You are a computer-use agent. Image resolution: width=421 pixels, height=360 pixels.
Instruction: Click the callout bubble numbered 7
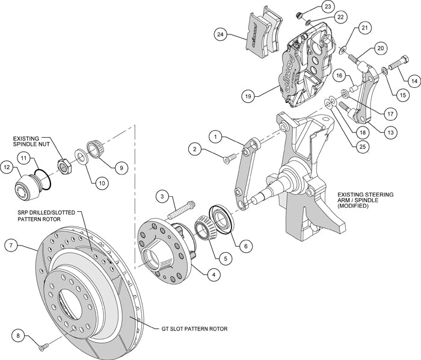coord(10,245)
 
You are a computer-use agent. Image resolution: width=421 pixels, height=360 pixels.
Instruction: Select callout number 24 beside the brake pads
coord(221,35)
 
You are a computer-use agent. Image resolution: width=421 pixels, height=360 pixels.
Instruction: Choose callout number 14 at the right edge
coord(413,79)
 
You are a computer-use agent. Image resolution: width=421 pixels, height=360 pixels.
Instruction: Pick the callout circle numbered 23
coord(327,7)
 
